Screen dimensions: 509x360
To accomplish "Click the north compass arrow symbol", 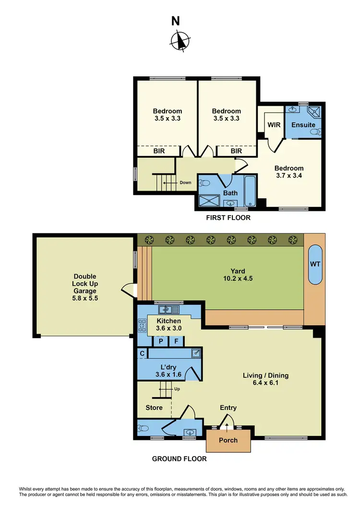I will point(180,40).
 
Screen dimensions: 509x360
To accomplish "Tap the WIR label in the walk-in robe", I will point(274,125).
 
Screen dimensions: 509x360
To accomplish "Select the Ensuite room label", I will point(303,125).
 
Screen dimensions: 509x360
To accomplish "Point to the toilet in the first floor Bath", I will point(205,183).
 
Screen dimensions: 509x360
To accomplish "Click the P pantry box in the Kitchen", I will point(159,341).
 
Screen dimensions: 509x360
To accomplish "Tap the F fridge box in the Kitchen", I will point(176,341).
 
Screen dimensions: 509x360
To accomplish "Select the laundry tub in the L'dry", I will point(196,353).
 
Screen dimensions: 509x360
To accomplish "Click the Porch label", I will point(228,440).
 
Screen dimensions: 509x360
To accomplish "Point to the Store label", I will point(154,408).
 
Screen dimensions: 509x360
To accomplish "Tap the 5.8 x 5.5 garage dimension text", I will point(84,298).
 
